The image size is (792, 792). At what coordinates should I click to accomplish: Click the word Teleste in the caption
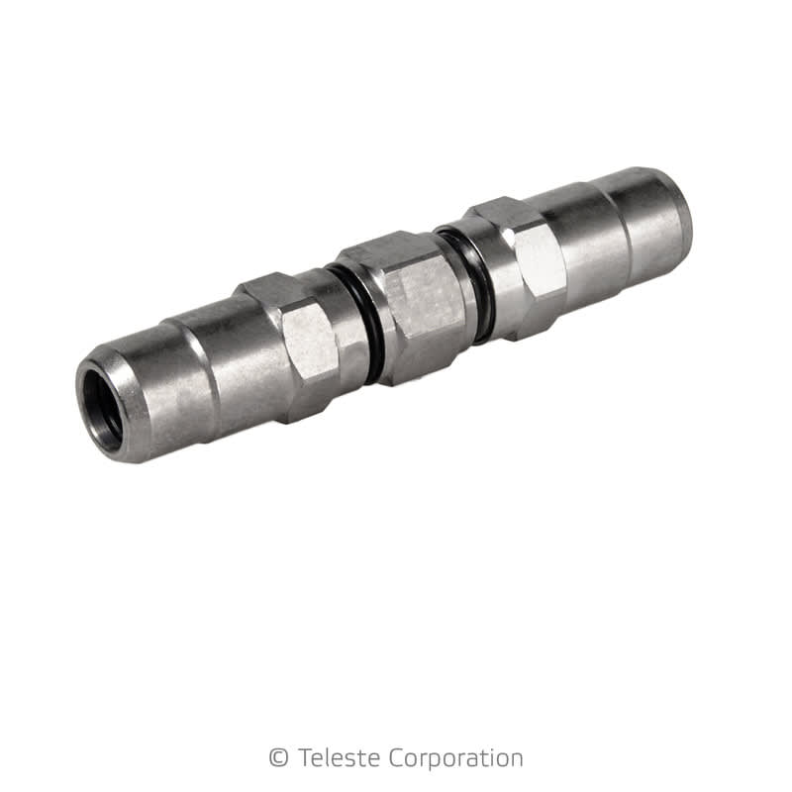coord(334,758)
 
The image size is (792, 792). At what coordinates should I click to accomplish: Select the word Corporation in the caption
coord(450,759)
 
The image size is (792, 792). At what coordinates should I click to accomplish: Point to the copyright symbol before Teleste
coord(278,758)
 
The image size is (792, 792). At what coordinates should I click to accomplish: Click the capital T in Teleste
coord(302,758)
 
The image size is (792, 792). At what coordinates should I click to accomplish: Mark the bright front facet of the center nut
coord(416,307)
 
